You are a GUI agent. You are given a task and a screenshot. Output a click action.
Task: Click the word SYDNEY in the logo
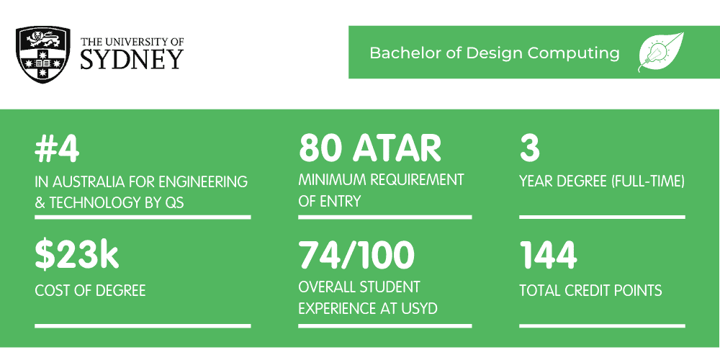[132, 59]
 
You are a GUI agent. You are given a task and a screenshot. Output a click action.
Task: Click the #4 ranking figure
[57, 148]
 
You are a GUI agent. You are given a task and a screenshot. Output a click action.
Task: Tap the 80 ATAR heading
[369, 148]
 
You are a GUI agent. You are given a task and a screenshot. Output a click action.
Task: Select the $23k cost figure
[77, 256]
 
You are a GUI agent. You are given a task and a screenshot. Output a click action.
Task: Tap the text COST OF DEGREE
[90, 291]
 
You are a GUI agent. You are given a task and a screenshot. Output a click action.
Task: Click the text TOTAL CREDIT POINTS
[590, 291]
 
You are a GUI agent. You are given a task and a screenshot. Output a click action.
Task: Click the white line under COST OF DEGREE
[143, 326]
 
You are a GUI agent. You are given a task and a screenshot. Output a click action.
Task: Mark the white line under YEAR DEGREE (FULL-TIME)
[602, 217]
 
